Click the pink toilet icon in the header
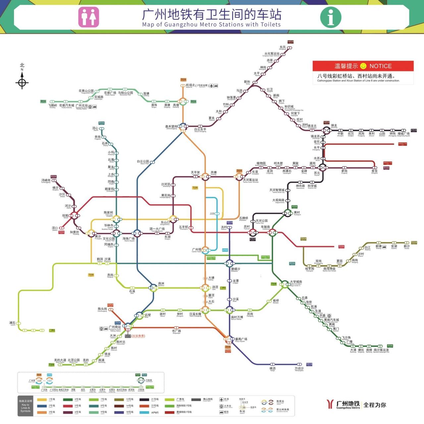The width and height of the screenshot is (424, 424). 88,17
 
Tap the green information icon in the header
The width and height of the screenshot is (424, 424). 331,17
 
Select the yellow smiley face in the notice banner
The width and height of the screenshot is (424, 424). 363,66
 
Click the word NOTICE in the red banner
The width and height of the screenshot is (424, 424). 380,66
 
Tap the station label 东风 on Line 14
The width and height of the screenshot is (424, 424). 283,47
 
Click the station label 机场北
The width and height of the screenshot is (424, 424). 190,85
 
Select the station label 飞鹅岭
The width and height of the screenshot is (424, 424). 53,105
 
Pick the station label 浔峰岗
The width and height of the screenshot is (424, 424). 46,180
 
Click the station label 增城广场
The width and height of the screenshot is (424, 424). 403,133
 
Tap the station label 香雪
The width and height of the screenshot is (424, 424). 374,171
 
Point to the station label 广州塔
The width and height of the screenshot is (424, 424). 196,249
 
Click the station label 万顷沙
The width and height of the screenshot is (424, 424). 299,368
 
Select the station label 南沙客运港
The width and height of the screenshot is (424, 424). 381,350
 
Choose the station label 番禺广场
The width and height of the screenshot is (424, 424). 241,339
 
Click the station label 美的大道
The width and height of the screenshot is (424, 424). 60,360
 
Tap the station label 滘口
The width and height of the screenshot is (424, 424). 55,228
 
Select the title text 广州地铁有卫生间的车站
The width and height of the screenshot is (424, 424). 212,14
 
